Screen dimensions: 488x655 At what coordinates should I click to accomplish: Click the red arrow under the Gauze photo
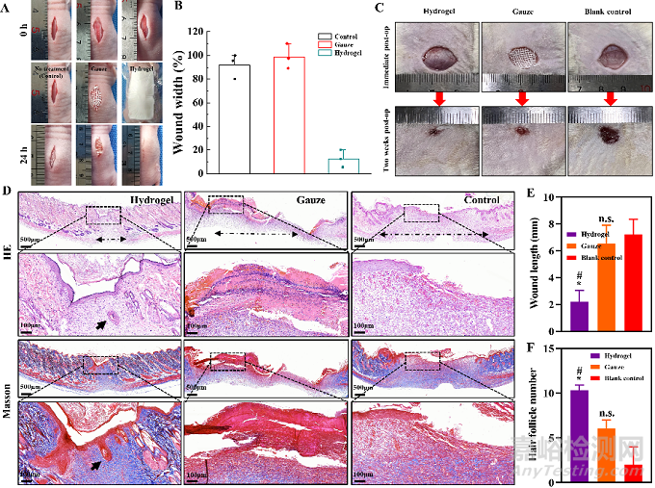click(521, 97)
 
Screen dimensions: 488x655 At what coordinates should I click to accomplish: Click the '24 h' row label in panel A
click(10, 155)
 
